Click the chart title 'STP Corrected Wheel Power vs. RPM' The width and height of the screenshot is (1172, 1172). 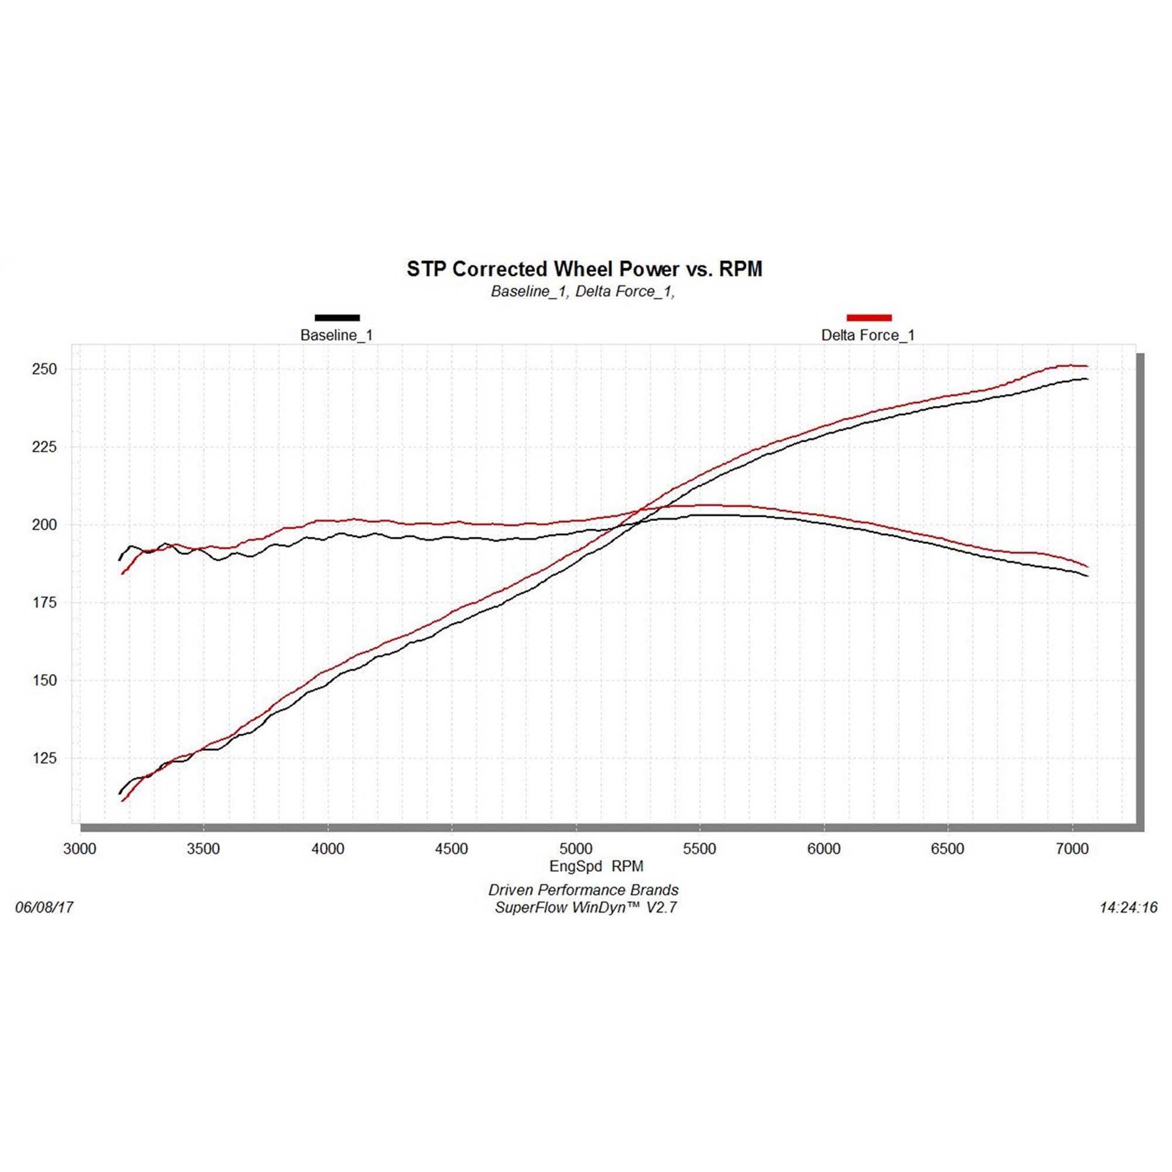[584, 269]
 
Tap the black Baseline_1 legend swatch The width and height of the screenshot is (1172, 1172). [338, 317]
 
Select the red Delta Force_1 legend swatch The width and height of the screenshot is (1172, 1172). [868, 317]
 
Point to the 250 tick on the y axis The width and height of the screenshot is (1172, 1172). [45, 369]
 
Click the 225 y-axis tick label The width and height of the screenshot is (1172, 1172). [45, 447]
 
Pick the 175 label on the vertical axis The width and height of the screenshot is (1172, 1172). [45, 602]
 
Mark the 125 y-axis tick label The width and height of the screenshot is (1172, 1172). [45, 758]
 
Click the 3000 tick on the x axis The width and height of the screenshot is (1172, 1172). [80, 849]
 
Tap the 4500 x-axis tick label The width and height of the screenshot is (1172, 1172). [451, 849]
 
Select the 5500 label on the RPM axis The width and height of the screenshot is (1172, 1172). [700, 849]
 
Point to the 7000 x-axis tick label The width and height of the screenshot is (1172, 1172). [1072, 849]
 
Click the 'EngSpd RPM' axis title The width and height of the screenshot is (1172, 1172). [597, 866]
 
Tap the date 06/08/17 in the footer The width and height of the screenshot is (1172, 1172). [45, 908]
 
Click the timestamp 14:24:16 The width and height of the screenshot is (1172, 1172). [1128, 908]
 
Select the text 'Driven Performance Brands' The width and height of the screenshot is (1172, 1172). [584, 890]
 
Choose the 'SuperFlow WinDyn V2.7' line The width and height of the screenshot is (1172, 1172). [585, 908]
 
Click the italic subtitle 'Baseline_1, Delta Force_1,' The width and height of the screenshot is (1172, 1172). [583, 292]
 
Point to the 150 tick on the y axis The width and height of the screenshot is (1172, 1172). [45, 680]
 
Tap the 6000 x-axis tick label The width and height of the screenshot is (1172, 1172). [824, 849]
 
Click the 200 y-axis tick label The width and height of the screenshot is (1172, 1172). [45, 524]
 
